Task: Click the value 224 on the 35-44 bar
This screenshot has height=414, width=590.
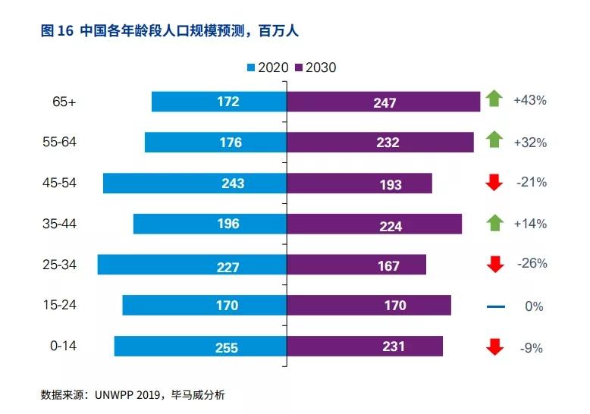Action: click(x=386, y=224)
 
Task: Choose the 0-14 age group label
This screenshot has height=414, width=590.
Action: click(x=63, y=346)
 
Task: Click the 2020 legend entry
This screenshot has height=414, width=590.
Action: click(x=268, y=67)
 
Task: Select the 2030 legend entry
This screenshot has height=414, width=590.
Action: click(x=315, y=67)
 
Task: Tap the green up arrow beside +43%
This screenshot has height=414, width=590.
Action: click(x=494, y=98)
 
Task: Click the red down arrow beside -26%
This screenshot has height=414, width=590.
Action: click(x=494, y=264)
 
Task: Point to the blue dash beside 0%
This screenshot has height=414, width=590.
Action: click(x=494, y=307)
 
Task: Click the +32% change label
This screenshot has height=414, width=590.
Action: click(x=530, y=142)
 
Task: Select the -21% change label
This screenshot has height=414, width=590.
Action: click(x=531, y=182)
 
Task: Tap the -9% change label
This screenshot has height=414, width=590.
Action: click(x=531, y=348)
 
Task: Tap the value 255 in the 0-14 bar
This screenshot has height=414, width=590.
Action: click(x=226, y=347)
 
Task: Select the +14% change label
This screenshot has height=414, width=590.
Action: click(x=530, y=224)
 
